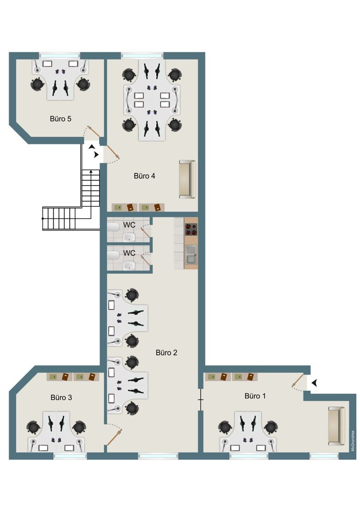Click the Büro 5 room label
tap(60, 119)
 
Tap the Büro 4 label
tap(144, 176)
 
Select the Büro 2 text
tap(167, 353)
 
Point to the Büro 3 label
tap(61, 398)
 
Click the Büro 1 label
tap(255, 396)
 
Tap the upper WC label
tap(129, 225)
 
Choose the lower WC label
tap(129, 253)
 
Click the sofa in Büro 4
tap(187, 179)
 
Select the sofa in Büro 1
tap(336, 426)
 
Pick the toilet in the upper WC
tap(113, 227)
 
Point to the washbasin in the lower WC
tap(129, 266)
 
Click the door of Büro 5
tap(94, 132)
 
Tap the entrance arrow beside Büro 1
tap(314, 383)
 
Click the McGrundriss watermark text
tap(353, 441)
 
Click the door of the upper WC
tap(146, 232)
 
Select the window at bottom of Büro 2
tap(158, 456)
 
